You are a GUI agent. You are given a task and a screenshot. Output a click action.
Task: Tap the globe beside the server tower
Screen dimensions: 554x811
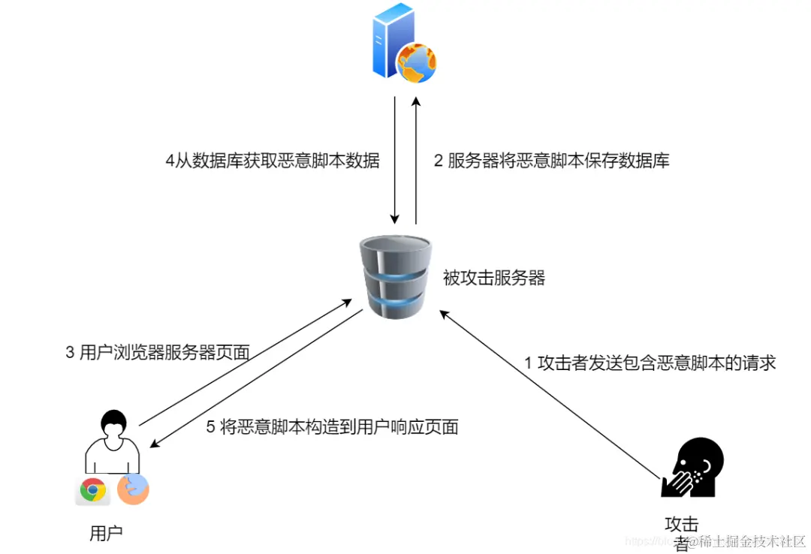(x=417, y=63)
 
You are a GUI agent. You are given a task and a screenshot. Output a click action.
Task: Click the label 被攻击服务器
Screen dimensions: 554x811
(x=493, y=279)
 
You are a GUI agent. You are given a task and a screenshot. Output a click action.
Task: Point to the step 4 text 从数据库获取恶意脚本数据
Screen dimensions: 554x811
(x=272, y=161)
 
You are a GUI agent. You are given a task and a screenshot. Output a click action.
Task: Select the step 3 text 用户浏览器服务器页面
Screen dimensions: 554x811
(x=157, y=353)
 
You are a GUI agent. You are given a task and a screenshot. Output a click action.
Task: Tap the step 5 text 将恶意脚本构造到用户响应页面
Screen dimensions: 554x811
(x=332, y=427)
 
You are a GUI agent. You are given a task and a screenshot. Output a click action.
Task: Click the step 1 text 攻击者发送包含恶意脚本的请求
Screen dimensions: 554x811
(x=650, y=363)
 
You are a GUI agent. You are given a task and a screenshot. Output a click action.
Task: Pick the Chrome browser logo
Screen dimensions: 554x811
(x=93, y=490)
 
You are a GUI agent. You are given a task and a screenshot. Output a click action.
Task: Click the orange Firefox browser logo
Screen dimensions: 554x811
(x=133, y=489)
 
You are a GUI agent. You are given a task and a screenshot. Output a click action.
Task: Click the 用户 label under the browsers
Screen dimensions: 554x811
(x=105, y=534)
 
